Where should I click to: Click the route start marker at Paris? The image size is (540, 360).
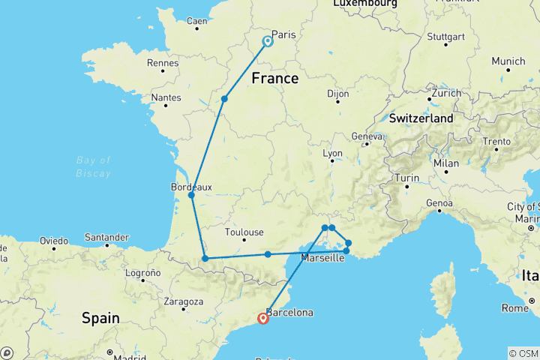(x=267, y=41)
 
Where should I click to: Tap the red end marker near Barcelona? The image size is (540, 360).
(x=263, y=318)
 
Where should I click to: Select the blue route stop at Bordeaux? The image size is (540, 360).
(x=191, y=195)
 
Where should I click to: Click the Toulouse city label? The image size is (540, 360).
(x=244, y=232)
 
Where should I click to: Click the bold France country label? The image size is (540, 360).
(x=275, y=79)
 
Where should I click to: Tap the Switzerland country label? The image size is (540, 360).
(x=421, y=118)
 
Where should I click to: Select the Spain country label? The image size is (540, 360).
(x=100, y=318)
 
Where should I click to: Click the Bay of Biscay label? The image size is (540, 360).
(x=94, y=166)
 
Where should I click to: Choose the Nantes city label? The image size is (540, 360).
(x=166, y=97)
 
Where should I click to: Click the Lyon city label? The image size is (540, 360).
(x=332, y=153)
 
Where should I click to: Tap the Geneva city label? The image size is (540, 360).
(x=366, y=136)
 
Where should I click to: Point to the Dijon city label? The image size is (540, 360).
(x=338, y=94)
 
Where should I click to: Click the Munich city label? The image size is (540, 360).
(x=509, y=61)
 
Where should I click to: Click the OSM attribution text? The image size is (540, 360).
(x=523, y=352)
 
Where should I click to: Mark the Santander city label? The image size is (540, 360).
(x=108, y=237)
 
